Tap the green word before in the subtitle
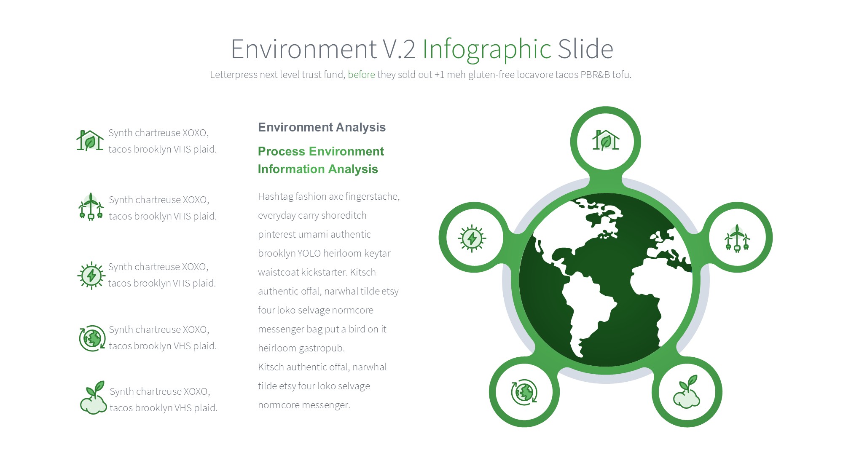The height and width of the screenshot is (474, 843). (361, 75)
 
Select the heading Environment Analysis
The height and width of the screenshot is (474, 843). (322, 127)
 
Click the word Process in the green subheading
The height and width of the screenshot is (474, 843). (282, 151)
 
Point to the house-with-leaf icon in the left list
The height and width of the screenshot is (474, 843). (90, 140)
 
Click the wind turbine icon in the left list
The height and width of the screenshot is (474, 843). (91, 207)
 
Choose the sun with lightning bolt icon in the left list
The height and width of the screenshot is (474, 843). (91, 276)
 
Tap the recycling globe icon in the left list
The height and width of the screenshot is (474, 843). (92, 338)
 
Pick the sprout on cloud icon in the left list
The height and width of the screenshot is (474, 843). (93, 398)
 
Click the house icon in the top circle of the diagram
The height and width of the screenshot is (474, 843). (606, 140)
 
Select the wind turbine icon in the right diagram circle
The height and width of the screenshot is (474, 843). (737, 238)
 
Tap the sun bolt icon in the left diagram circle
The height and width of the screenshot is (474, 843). (472, 238)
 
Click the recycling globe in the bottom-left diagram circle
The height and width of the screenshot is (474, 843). (524, 392)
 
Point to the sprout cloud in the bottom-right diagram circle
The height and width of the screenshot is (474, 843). (687, 392)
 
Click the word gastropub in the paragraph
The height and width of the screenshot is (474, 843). (323, 348)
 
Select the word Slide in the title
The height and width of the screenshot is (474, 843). (585, 49)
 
